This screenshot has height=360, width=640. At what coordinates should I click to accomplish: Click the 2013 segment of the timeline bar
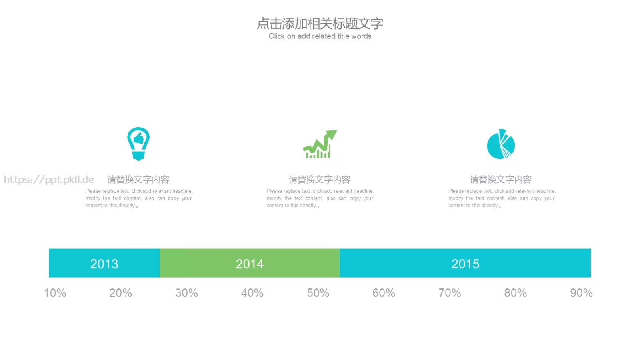pos(104,263)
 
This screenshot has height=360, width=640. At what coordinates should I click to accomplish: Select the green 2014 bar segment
pos(250,263)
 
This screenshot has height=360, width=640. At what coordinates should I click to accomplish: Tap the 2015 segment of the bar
pos(465,263)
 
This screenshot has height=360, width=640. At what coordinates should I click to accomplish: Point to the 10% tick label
pos(55,293)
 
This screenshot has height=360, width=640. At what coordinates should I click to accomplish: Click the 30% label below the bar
pos(186,293)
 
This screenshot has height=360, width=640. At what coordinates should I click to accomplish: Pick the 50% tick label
pos(318,293)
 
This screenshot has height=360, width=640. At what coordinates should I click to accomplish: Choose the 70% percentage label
pos(450,293)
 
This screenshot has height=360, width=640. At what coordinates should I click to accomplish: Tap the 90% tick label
pos(582,293)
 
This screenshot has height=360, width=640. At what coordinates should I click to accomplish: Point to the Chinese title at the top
pos(320,24)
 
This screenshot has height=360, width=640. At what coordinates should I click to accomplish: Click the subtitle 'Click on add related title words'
pos(320,36)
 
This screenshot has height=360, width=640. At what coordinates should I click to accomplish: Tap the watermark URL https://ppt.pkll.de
pos(49,180)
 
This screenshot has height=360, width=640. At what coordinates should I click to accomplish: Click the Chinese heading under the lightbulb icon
pos(138,180)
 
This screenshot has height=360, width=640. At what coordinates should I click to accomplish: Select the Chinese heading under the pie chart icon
pos(500,180)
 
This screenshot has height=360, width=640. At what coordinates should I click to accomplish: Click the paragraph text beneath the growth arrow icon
pos(320,198)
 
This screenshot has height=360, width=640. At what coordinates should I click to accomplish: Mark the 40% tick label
pos(252,293)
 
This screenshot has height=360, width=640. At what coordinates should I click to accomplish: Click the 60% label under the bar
pos(384,293)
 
